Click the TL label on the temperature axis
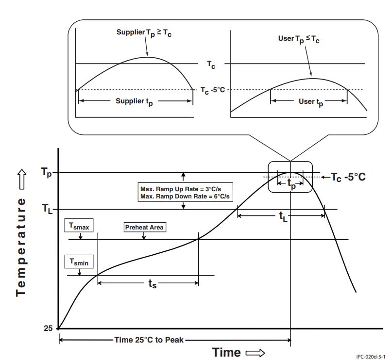tap(47, 210)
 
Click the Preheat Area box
tap(144, 226)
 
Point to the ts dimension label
tap(152, 284)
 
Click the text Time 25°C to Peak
tap(149, 340)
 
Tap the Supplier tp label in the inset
tap(136, 102)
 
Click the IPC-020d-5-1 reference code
tap(373, 356)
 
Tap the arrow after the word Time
tap(255, 353)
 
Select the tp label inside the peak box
tap(290, 184)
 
